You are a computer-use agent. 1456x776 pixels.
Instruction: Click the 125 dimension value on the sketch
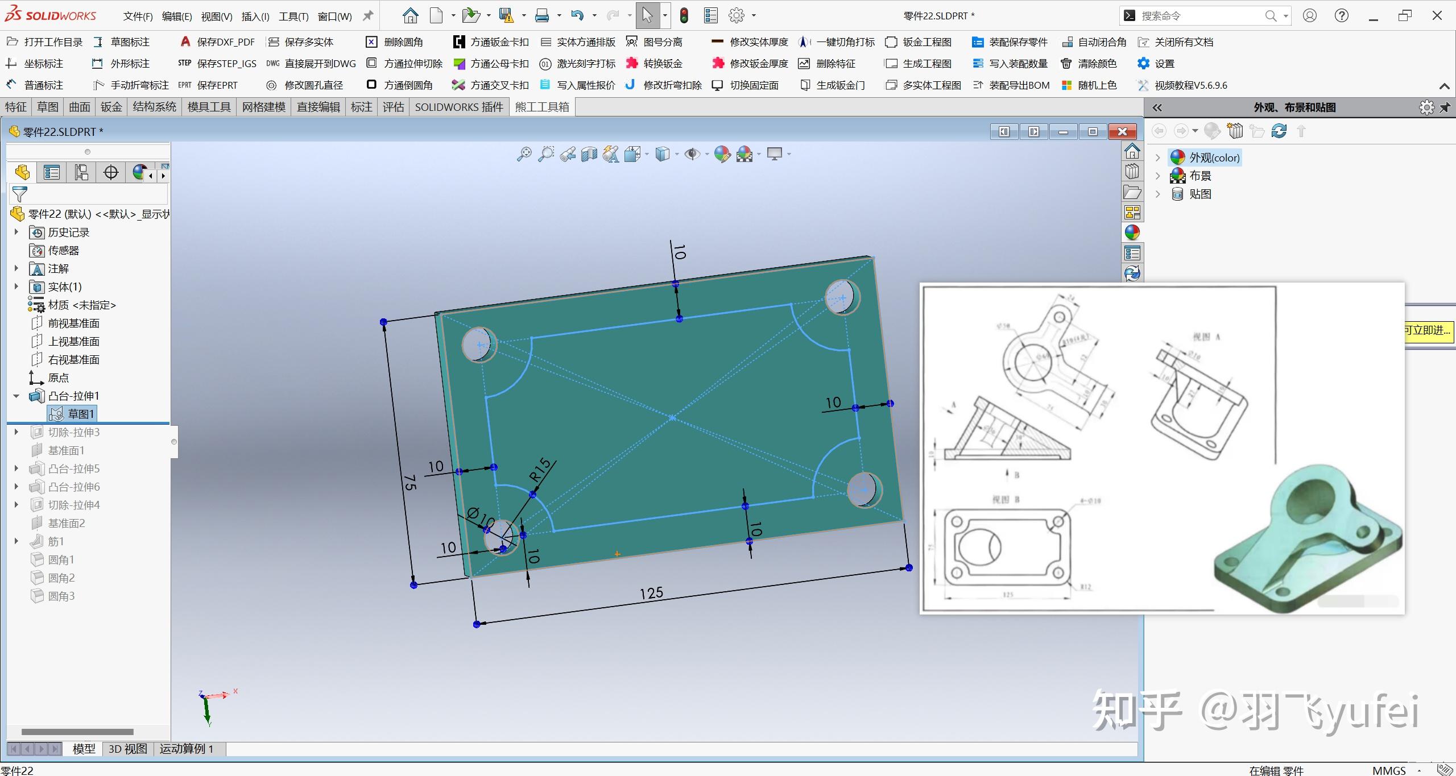coord(651,594)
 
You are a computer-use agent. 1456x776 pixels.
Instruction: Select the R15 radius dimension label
coord(540,470)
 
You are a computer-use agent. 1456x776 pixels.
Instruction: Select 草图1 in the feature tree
coord(81,414)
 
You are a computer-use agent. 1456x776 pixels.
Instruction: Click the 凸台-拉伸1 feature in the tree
coord(73,396)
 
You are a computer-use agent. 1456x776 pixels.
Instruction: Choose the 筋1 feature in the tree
coord(56,541)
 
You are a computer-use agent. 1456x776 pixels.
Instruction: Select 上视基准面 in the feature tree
coord(73,341)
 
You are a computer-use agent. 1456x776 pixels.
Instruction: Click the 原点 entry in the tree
coord(58,377)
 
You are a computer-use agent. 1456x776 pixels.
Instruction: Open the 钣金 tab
coord(111,107)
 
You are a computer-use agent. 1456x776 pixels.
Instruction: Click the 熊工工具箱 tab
coord(542,107)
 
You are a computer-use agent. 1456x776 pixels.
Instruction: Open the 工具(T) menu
coord(293,16)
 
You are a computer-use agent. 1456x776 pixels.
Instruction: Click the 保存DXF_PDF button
coord(225,42)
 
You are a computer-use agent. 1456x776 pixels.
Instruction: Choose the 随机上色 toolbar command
coord(1097,85)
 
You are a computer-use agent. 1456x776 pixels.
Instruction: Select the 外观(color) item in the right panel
coord(1214,157)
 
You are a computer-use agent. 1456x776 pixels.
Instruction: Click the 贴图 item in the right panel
coord(1200,194)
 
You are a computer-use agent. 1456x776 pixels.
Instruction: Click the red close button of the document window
coord(1122,132)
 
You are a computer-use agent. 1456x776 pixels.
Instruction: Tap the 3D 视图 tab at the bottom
coord(127,749)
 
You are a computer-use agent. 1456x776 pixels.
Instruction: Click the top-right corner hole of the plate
coord(842,297)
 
